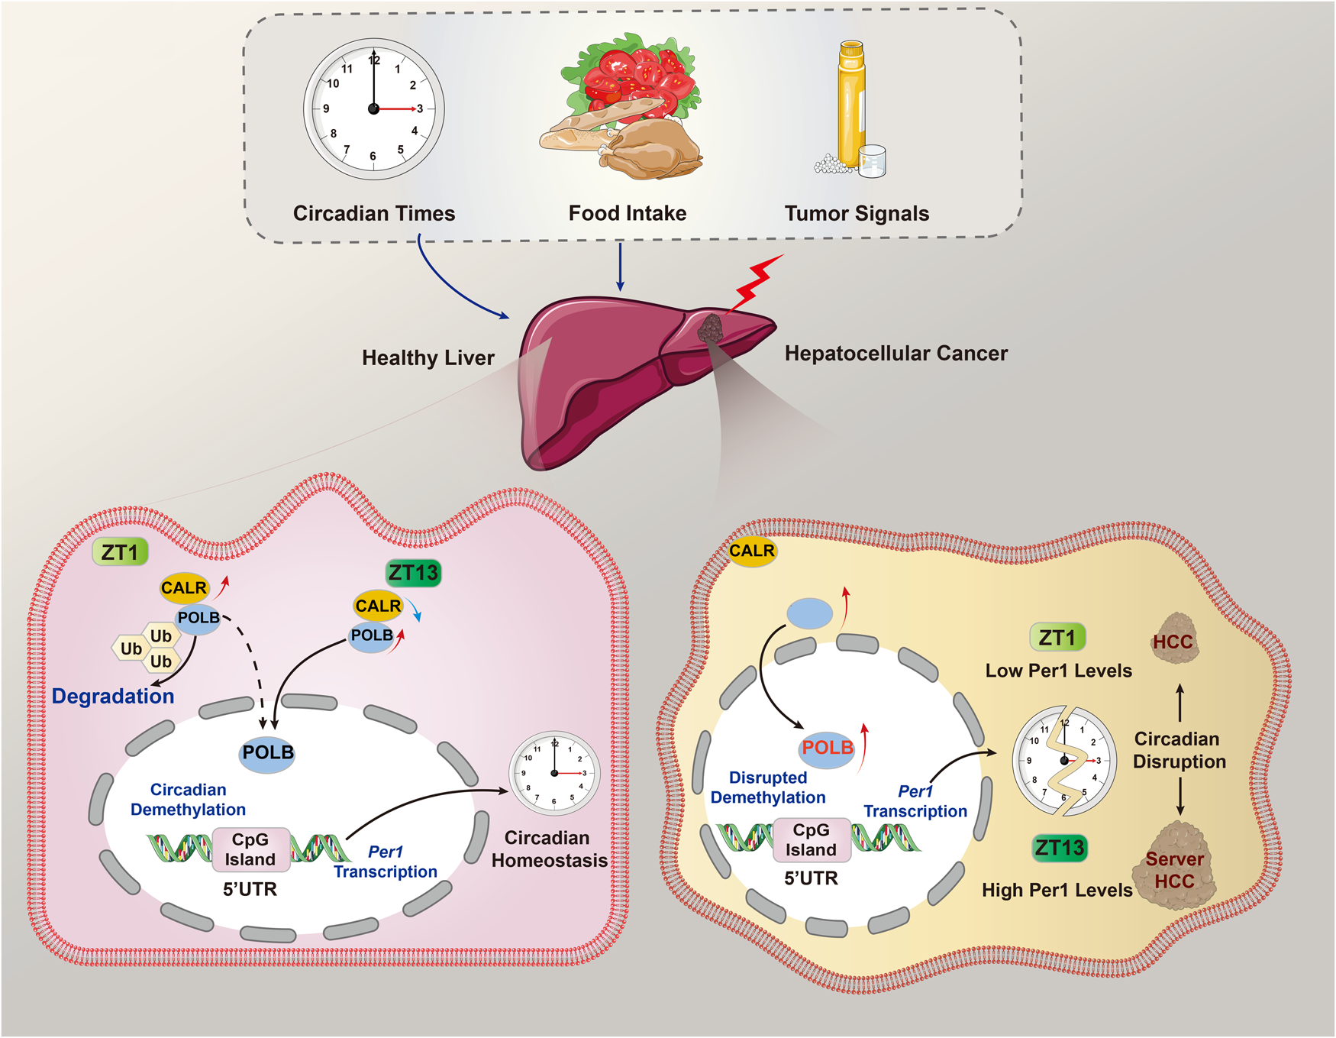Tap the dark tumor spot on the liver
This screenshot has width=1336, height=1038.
point(711,329)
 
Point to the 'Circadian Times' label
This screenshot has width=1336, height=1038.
point(374,213)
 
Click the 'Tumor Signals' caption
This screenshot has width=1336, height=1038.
point(857,213)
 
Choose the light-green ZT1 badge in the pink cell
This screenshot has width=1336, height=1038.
point(120,551)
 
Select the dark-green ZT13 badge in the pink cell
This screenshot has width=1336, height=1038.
point(413,572)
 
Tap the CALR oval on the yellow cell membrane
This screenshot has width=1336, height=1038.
point(752,551)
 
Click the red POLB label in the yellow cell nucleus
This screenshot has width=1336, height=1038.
point(828,747)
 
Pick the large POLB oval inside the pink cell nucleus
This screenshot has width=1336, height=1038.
point(267,752)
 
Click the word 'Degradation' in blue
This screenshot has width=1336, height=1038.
point(113,696)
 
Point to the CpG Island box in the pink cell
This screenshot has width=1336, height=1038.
point(250,849)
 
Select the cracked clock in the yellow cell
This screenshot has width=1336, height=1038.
point(1064,760)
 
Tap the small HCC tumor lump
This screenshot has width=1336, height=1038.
point(1174,639)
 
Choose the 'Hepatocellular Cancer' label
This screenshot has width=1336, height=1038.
point(896,353)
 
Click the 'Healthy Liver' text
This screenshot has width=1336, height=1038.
point(428,357)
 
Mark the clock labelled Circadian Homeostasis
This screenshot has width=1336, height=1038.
point(554,773)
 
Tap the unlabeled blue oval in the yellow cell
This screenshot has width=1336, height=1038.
point(810,613)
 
